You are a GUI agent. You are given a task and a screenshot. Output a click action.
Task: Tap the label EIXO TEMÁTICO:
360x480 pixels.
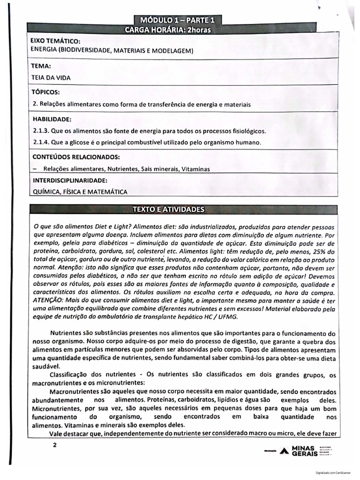pos(52,42)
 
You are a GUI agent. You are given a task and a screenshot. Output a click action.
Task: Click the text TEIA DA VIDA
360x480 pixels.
pos(51,78)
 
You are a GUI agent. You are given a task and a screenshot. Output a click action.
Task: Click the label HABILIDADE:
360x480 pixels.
pos(52,120)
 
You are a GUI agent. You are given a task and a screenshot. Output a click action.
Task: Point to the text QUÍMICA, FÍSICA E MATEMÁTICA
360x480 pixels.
pos(77,192)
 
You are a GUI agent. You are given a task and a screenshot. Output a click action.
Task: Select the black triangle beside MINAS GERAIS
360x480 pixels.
pos(284,452)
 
